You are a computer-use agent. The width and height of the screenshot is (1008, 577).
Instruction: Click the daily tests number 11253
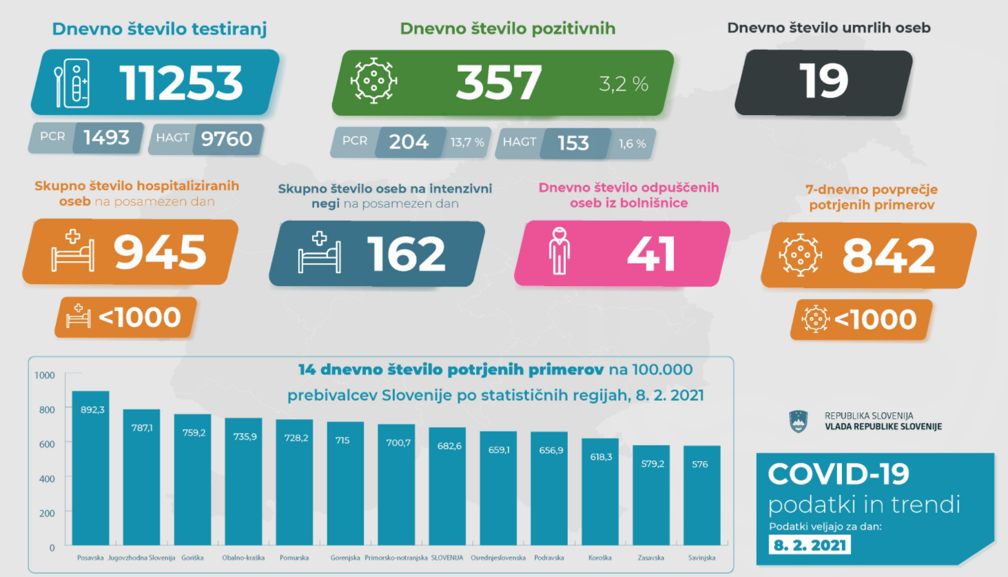pyautogui.click(x=181, y=83)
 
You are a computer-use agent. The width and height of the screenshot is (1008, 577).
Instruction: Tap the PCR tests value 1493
pyautogui.click(x=106, y=138)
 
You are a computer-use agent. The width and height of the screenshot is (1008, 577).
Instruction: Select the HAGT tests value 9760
pyautogui.click(x=226, y=139)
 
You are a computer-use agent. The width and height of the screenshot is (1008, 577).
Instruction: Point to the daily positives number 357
pyautogui.click(x=498, y=83)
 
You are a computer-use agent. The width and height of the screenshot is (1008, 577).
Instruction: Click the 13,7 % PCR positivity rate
pyautogui.click(x=467, y=143)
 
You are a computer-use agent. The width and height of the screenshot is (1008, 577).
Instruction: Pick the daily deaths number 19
pyautogui.click(x=823, y=81)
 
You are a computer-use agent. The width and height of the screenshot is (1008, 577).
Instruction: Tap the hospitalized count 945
pyautogui.click(x=160, y=252)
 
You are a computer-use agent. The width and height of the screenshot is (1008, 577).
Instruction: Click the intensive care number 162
pyautogui.click(x=406, y=254)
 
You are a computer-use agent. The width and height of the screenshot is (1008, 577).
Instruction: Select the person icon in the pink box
pyautogui.click(x=559, y=251)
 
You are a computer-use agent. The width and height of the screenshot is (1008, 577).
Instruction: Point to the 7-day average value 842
pyautogui.click(x=888, y=255)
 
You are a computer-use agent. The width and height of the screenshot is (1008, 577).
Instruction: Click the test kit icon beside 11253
pyautogui.click(x=72, y=83)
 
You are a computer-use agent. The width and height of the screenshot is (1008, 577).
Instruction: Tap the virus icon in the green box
pyautogui.click(x=373, y=81)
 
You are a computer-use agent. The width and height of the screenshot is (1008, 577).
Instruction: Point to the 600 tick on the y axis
pyautogui.click(x=47, y=444)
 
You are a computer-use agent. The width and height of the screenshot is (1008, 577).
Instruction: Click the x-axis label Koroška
pyautogui.click(x=600, y=558)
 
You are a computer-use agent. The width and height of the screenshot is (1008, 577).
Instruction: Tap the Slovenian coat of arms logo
pyautogui.click(x=798, y=421)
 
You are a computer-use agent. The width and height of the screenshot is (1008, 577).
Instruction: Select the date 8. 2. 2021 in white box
pyautogui.click(x=810, y=545)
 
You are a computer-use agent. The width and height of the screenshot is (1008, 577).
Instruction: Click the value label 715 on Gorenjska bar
pyautogui.click(x=342, y=440)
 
